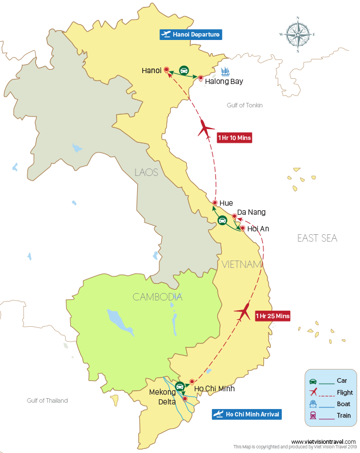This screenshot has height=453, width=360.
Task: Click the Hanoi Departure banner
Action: (190, 35)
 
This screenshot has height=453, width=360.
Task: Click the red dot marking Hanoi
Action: (166, 70)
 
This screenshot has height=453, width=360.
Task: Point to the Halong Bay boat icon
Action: (225, 72)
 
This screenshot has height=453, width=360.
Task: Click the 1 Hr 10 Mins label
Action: (234, 138)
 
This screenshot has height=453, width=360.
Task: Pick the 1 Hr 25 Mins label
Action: (273, 316)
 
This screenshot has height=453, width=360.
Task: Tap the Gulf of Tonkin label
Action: (245, 105)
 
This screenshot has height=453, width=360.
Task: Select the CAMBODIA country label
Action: (157, 297)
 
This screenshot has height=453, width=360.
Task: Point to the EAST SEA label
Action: (317, 238)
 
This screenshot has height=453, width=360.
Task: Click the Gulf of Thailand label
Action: (47, 400)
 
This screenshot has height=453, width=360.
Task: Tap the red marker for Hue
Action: (214, 203)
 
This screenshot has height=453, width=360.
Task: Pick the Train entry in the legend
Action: (344, 415)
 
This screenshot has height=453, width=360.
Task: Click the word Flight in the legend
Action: (345, 392)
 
